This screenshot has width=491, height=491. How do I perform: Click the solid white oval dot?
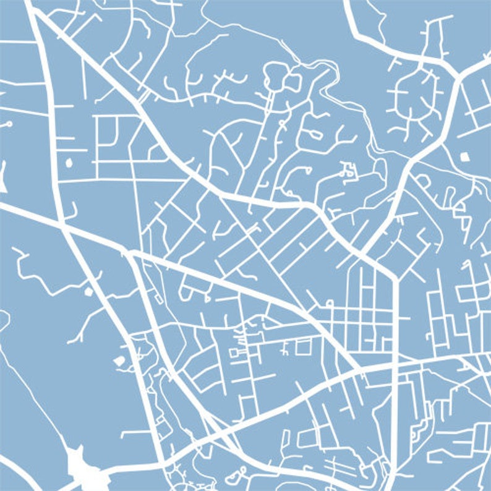point(69,162)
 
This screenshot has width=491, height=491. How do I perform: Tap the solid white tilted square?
point(465,156)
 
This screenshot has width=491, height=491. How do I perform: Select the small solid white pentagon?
point(119,359)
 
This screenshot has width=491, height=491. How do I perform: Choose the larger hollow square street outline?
point(302,348)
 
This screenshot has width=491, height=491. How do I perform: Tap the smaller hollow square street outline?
point(234,352)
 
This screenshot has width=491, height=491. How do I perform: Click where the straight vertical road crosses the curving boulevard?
point(393,364)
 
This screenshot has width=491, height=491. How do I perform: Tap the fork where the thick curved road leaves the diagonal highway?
point(130,254)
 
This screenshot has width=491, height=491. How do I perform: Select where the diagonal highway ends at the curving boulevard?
point(359,371)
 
